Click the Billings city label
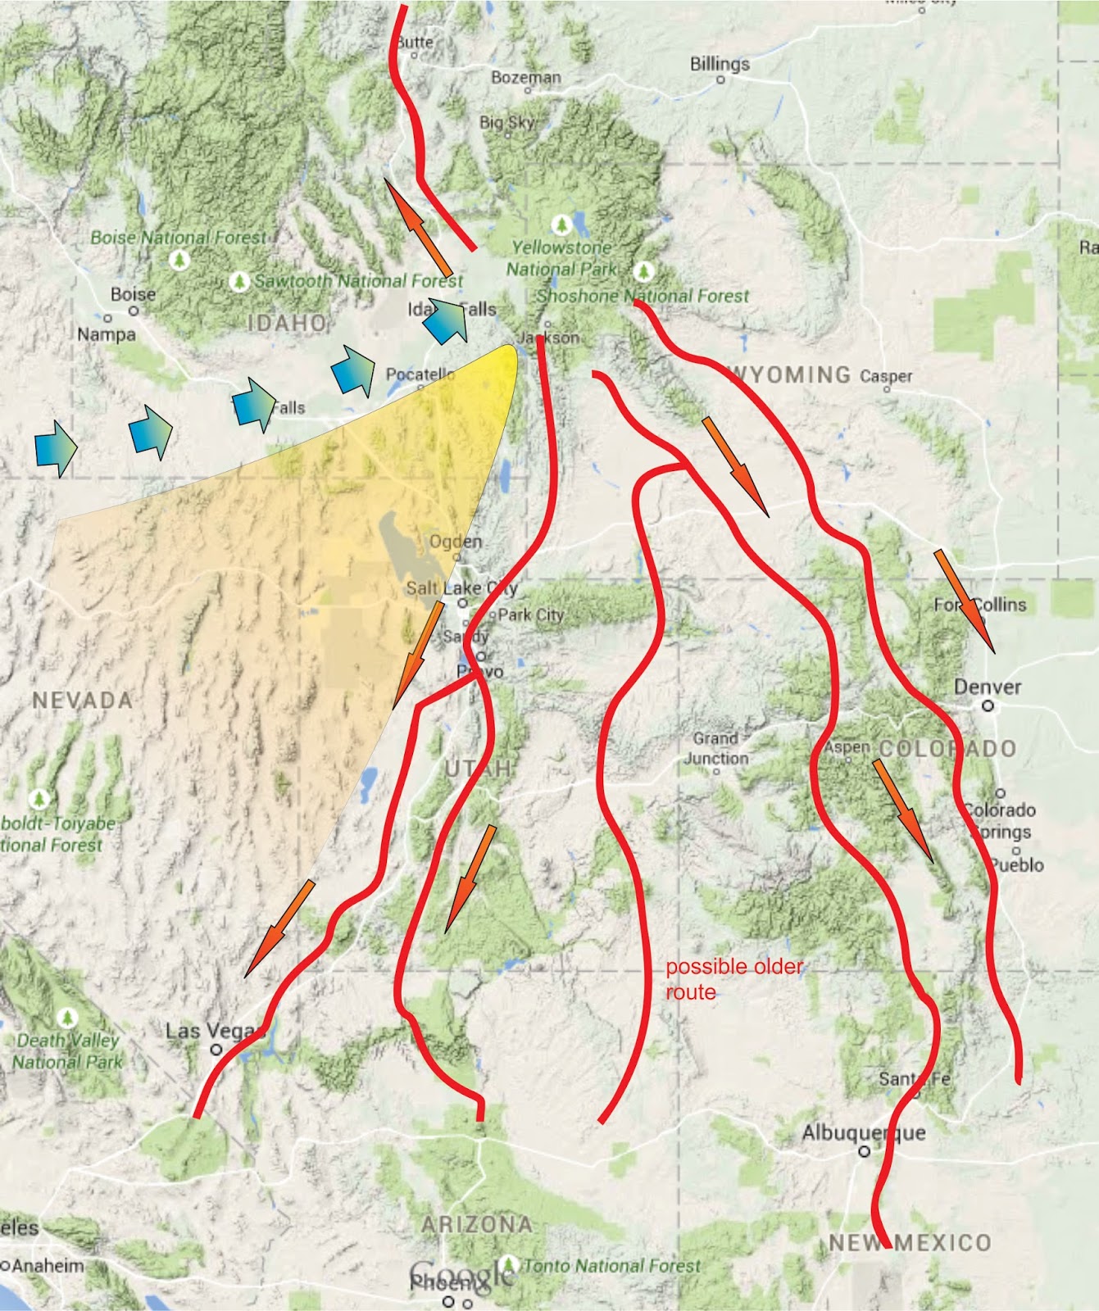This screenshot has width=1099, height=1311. [720, 64]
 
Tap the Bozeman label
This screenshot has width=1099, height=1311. [526, 77]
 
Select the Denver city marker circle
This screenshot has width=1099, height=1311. [988, 705]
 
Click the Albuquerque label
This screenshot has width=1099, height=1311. [864, 1133]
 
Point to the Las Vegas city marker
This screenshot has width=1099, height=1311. [216, 1049]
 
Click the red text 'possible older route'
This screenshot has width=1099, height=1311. [734, 979]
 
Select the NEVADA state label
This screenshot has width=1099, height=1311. [82, 701]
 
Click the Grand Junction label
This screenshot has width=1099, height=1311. [716, 748]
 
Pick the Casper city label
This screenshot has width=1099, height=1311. [886, 376]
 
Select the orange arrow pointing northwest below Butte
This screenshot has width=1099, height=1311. [418, 228]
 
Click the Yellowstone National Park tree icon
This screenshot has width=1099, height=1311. [561, 223]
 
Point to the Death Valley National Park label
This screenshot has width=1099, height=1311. [69, 1050]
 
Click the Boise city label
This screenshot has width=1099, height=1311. [133, 294]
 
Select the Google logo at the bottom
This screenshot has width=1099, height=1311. [463, 1272]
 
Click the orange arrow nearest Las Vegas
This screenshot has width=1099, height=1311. [279, 928]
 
